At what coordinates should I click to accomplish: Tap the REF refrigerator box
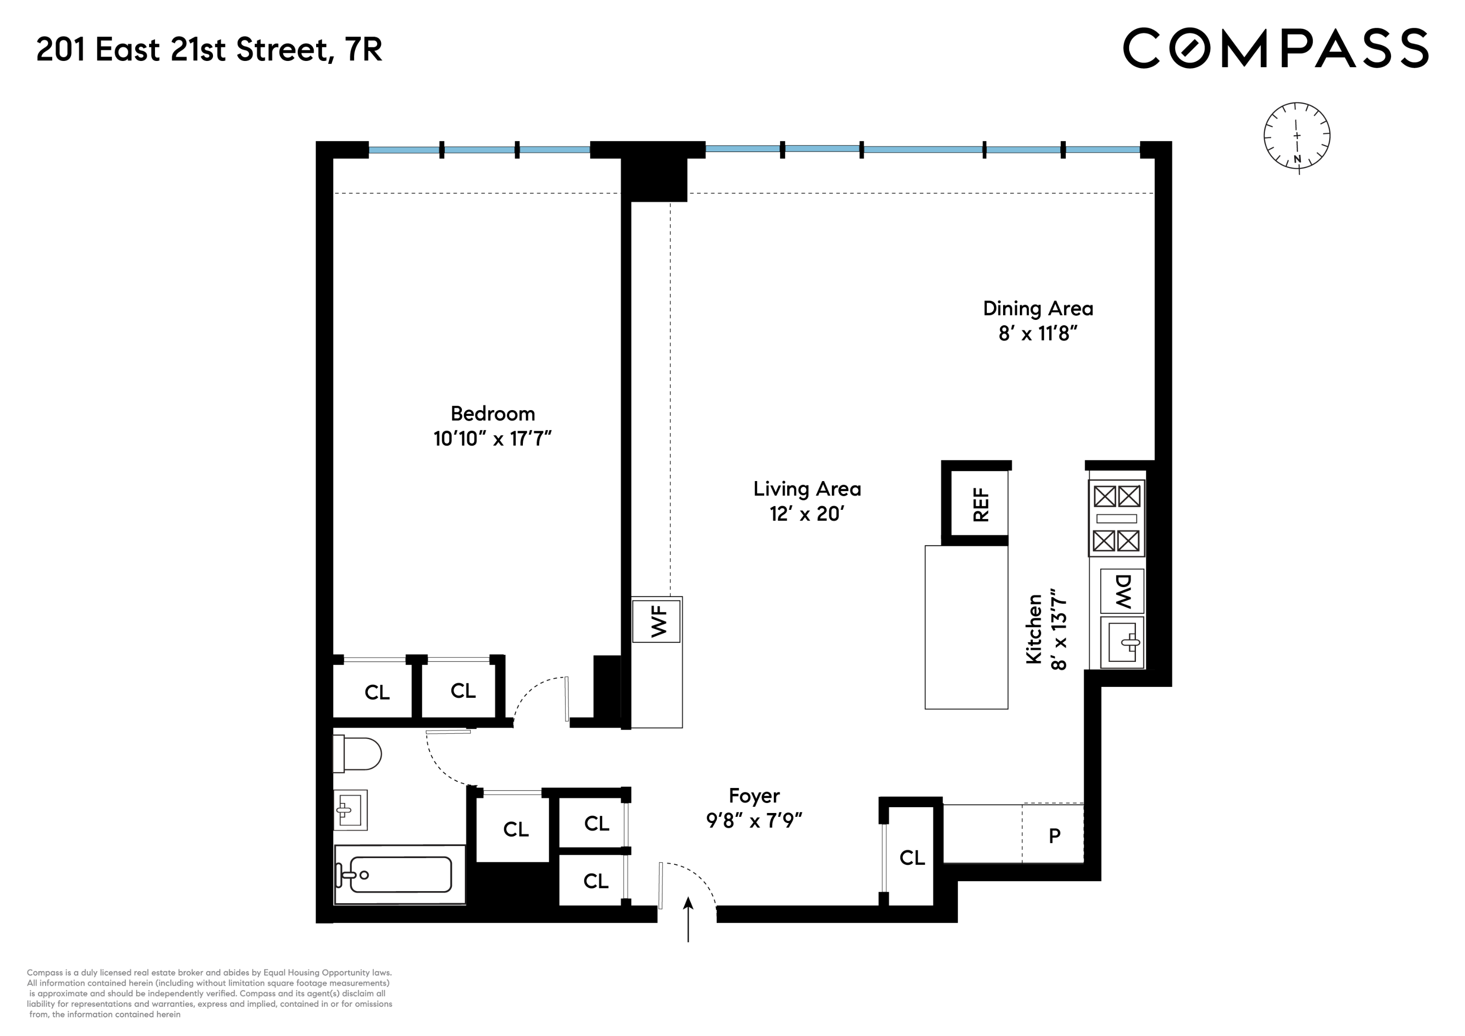pyautogui.click(x=980, y=504)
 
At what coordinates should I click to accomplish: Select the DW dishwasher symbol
pyautogui.click(x=1122, y=591)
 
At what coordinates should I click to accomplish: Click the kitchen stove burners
pyautogui.click(x=1117, y=518)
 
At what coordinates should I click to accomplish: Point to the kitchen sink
pyautogui.click(x=1122, y=642)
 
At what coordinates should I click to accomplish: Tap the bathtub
pyautogui.click(x=400, y=874)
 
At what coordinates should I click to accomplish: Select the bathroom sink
pyautogui.click(x=350, y=810)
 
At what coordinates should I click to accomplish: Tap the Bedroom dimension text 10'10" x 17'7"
pyautogui.click(x=492, y=439)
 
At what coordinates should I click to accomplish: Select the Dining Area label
pyautogui.click(x=1038, y=309)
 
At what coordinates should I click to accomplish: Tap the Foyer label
pyautogui.click(x=754, y=796)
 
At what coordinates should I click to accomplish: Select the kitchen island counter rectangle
pyautogui.click(x=966, y=627)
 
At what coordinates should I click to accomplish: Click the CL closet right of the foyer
pyautogui.click(x=912, y=858)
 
